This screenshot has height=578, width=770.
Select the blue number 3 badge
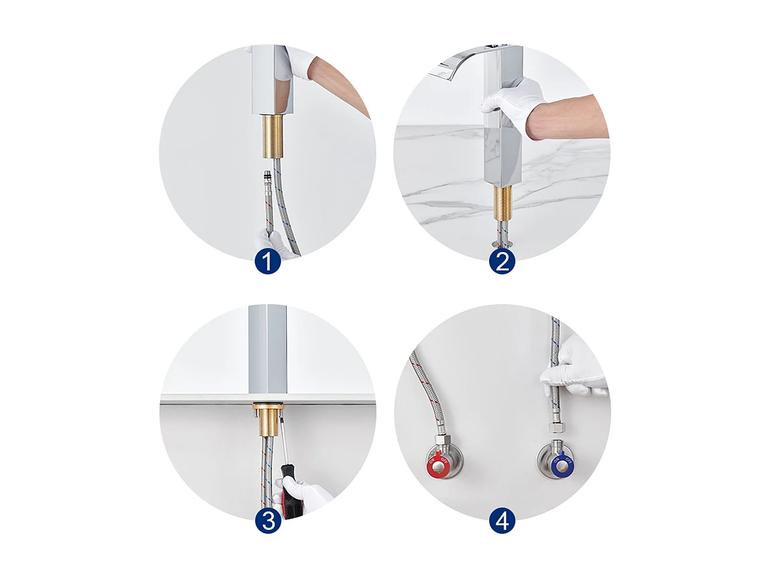tap(268, 521)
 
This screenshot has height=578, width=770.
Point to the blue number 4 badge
tap(502, 521)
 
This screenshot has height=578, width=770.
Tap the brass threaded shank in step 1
tap(274, 136)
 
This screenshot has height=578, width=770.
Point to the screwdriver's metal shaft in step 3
tap(282, 442)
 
